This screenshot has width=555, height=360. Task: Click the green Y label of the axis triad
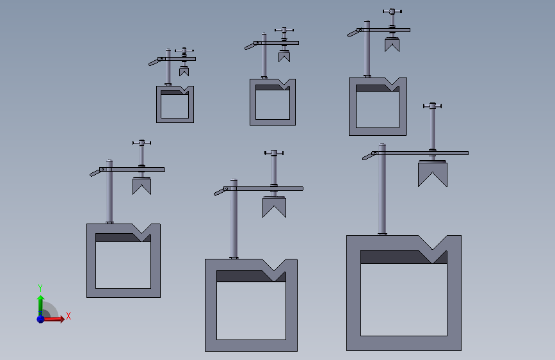pos(40,288)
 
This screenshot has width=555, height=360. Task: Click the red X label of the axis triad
pos(68,316)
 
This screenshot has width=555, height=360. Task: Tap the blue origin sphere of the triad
pos(41,319)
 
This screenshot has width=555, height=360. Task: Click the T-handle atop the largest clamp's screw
pos(433,106)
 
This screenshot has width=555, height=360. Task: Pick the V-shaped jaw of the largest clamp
pos(433,174)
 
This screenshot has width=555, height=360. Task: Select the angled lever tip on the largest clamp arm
pos(369,156)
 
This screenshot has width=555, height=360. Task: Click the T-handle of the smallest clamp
pos(184,51)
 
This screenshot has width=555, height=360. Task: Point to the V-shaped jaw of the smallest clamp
pos(184,72)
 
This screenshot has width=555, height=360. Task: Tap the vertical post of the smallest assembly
pos(168,67)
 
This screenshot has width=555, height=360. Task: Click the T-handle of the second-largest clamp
pos(274,152)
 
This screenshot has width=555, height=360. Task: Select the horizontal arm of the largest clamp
pos(420,153)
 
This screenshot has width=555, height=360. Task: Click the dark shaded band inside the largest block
pos(403,257)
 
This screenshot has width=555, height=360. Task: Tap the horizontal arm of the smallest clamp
pos(177,59)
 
